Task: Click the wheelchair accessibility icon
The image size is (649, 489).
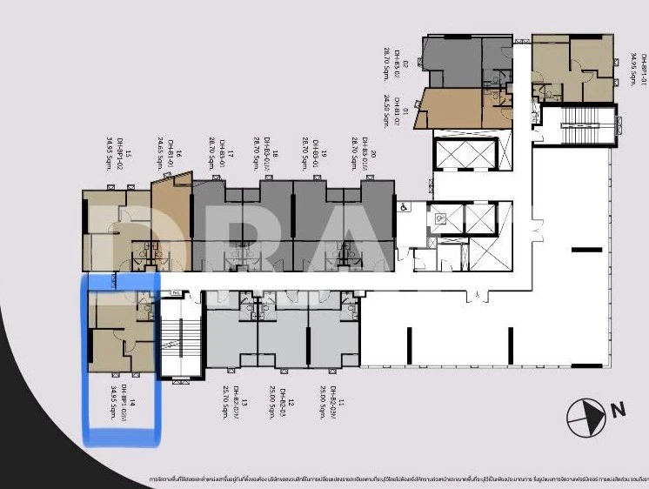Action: click(404, 207)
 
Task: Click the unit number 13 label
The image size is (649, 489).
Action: click(245, 402)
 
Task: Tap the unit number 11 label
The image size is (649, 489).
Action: click(342, 403)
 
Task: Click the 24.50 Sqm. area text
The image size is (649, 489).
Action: click(385, 104)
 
